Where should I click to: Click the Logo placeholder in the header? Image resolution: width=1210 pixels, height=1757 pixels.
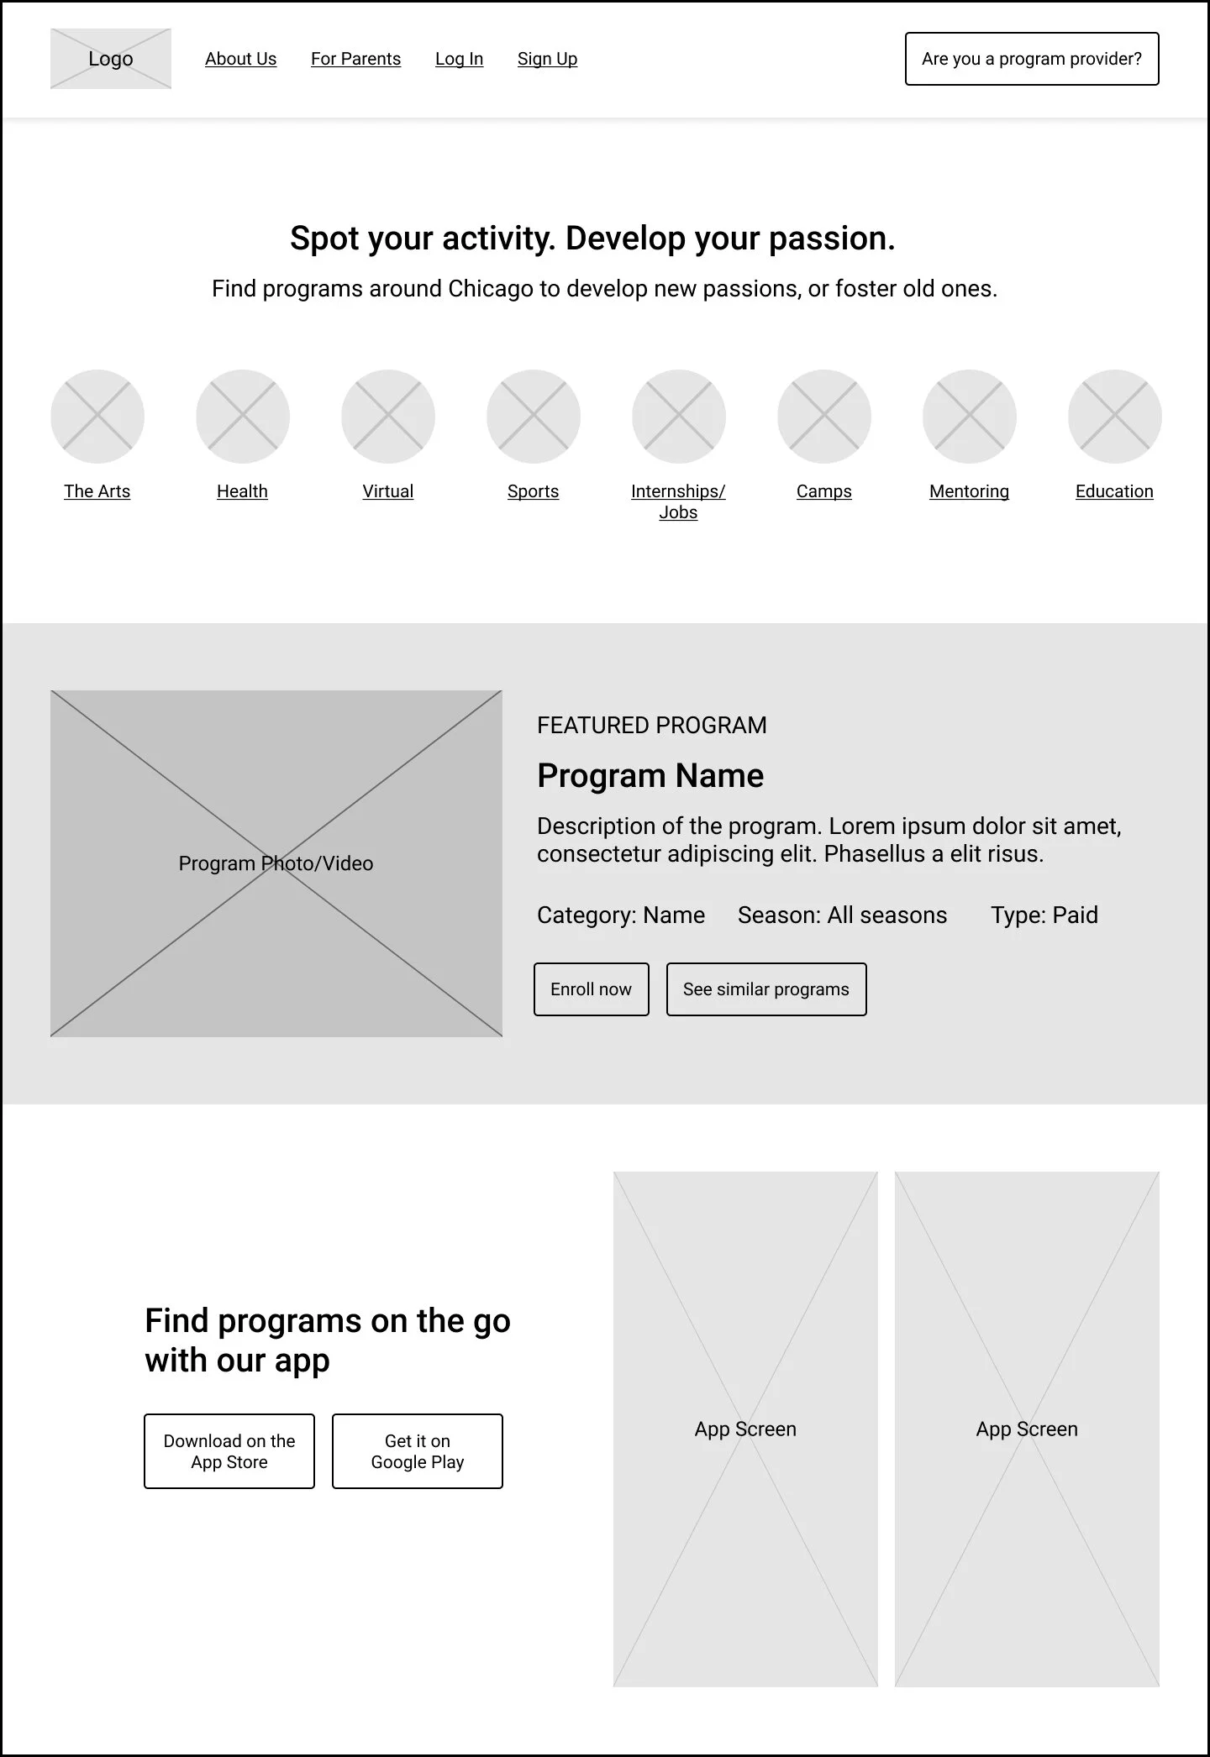pos(111,59)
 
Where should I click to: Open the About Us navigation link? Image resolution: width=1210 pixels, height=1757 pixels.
pos(240,59)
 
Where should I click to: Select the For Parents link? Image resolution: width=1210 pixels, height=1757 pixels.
pos(355,59)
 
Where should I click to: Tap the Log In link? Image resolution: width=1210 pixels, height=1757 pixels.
pos(459,59)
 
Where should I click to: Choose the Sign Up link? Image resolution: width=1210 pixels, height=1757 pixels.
pos(547,59)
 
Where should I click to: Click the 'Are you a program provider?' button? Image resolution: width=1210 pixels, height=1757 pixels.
pos(1032,59)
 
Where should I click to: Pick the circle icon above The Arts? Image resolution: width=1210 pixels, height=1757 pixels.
pos(97,417)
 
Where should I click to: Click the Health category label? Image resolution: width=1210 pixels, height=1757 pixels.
pos(242,491)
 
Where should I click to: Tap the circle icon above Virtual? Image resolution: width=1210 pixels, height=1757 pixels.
pos(388,417)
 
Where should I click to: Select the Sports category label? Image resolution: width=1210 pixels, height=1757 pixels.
pos(533,491)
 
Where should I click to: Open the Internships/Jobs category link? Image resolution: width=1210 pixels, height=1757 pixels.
pos(678,501)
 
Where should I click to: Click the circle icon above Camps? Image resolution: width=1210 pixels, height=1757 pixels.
pos(824,417)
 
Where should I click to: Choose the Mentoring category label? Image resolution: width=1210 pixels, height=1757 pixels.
pos(969,491)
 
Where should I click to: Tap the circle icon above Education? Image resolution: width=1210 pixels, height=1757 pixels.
pos(1115,417)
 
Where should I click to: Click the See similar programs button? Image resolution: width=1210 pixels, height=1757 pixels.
pos(766,989)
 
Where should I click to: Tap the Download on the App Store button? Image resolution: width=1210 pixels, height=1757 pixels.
pos(229,1451)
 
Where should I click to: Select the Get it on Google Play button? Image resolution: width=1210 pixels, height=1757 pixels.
pos(418,1451)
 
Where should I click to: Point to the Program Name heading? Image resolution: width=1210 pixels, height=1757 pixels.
pos(650,776)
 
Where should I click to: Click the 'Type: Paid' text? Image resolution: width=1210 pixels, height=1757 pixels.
pos(1044,915)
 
